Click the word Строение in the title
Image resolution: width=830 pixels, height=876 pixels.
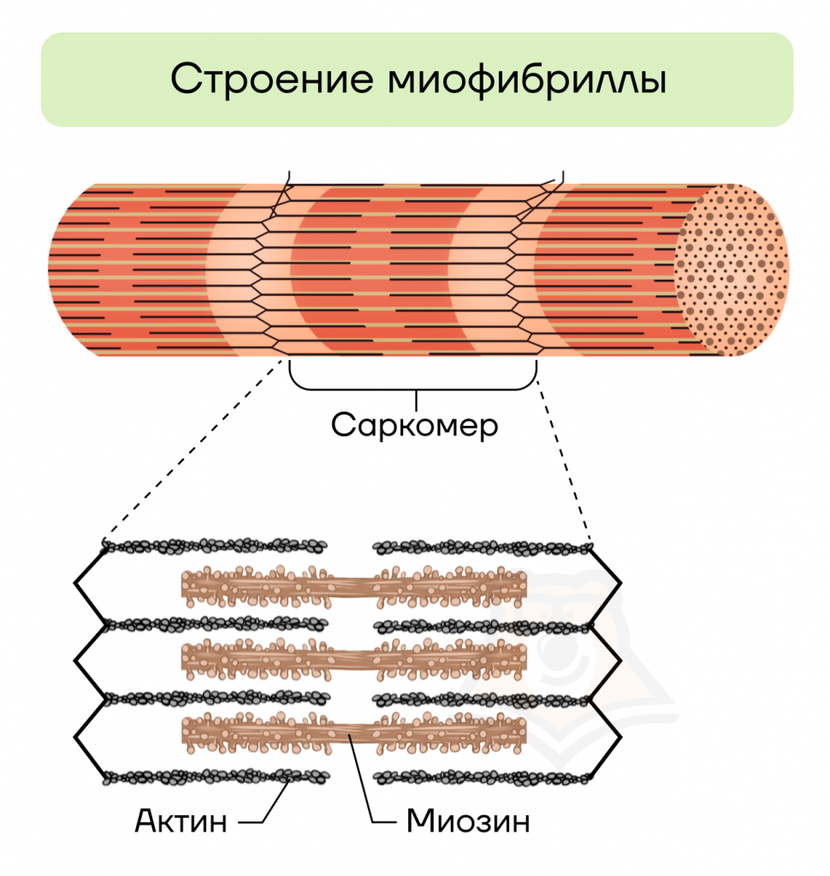pos(271,79)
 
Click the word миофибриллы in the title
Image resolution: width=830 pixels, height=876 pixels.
pos(526,80)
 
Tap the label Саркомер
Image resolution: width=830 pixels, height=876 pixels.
pos(414,426)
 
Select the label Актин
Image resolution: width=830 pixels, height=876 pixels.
pos(181,820)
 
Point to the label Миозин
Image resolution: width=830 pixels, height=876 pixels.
pos(468,820)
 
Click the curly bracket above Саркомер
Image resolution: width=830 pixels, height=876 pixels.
pos(413,387)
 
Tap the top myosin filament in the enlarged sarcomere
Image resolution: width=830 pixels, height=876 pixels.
pos(353,587)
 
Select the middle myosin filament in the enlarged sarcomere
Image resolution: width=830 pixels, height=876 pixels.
pos(353,660)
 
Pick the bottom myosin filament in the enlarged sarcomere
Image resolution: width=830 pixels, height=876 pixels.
pos(353,733)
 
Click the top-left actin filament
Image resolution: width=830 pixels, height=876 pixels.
pos(215,546)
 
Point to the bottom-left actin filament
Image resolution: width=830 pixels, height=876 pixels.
pos(216,776)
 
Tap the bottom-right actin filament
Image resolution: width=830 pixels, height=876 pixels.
pos(482,777)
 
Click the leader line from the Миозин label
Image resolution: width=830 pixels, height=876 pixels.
pos(366,782)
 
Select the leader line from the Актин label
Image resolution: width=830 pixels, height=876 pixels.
pos(270,804)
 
